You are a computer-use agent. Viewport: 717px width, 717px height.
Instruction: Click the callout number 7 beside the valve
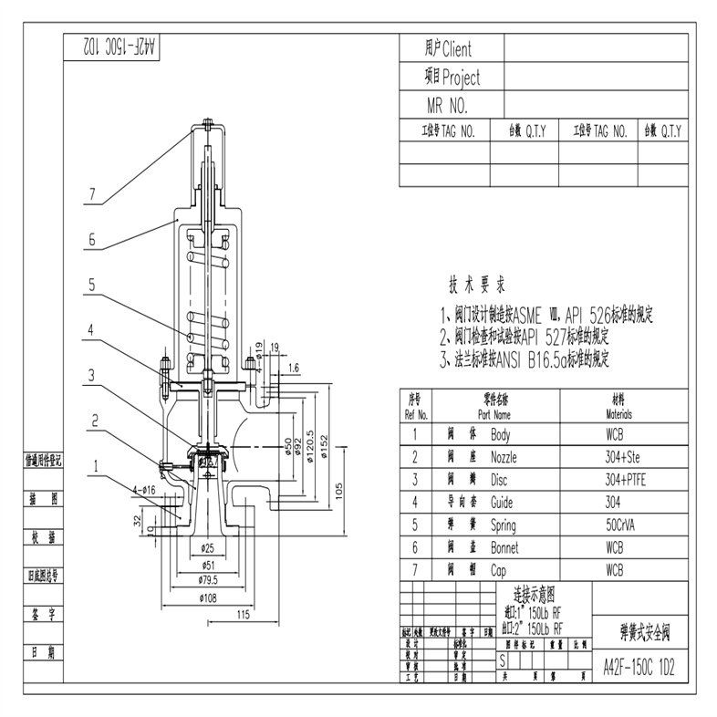pyautogui.click(x=92, y=193)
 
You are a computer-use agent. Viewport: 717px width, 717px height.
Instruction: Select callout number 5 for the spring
pyautogui.click(x=92, y=285)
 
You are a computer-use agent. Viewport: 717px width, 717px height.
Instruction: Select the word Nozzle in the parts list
pyautogui.click(x=504, y=457)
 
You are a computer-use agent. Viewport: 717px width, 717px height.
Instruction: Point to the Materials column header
pyautogui.click(x=619, y=413)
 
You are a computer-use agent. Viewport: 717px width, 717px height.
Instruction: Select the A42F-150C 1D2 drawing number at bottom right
pyautogui.click(x=639, y=665)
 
